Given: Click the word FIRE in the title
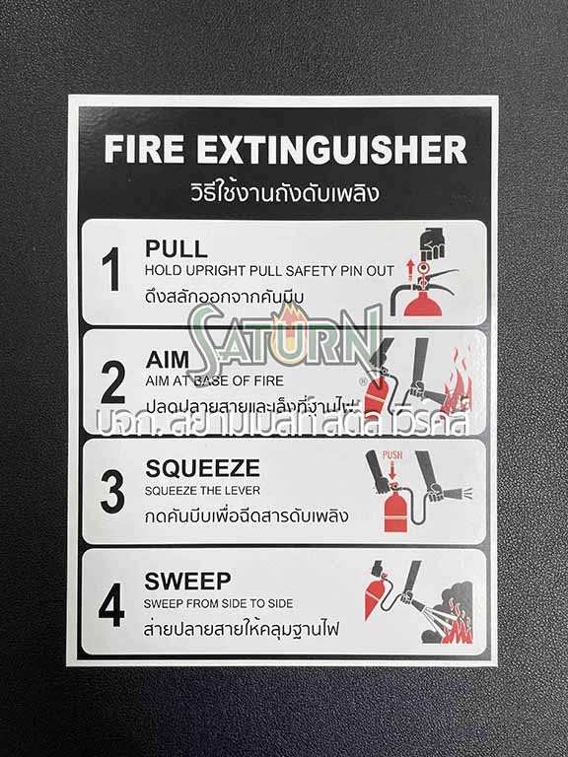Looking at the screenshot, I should (145, 151).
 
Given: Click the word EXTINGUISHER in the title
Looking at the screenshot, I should (330, 151).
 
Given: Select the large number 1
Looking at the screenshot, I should (111, 269).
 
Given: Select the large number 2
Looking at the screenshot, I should (112, 381).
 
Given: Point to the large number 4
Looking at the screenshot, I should (111, 604).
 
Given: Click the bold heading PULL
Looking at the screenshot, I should (176, 248).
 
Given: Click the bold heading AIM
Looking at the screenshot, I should (167, 360).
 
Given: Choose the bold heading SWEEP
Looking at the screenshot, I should (187, 581).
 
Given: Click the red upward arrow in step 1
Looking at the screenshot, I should (415, 269).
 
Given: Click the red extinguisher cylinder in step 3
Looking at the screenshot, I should (395, 511).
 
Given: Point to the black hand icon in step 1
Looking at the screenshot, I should (433, 243).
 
